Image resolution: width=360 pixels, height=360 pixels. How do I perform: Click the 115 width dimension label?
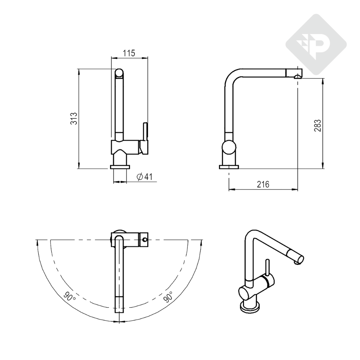[129, 53]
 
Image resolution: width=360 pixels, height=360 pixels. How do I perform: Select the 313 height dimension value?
[74, 118]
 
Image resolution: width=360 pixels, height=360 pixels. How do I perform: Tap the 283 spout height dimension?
[317, 126]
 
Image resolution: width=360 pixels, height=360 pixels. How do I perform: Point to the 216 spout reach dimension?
[263, 184]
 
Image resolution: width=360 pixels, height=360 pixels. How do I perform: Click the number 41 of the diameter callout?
[148, 176]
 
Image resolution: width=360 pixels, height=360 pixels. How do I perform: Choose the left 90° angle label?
[69, 297]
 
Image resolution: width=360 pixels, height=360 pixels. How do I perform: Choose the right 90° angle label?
[168, 297]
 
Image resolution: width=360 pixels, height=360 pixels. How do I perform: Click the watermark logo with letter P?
[316, 45]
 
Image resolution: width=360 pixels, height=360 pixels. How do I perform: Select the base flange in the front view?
[120, 167]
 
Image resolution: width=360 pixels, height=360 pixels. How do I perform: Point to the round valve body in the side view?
[229, 147]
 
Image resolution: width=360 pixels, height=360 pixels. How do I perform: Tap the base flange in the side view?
[229, 167]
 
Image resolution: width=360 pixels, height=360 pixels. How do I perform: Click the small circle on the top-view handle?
[144, 240]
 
